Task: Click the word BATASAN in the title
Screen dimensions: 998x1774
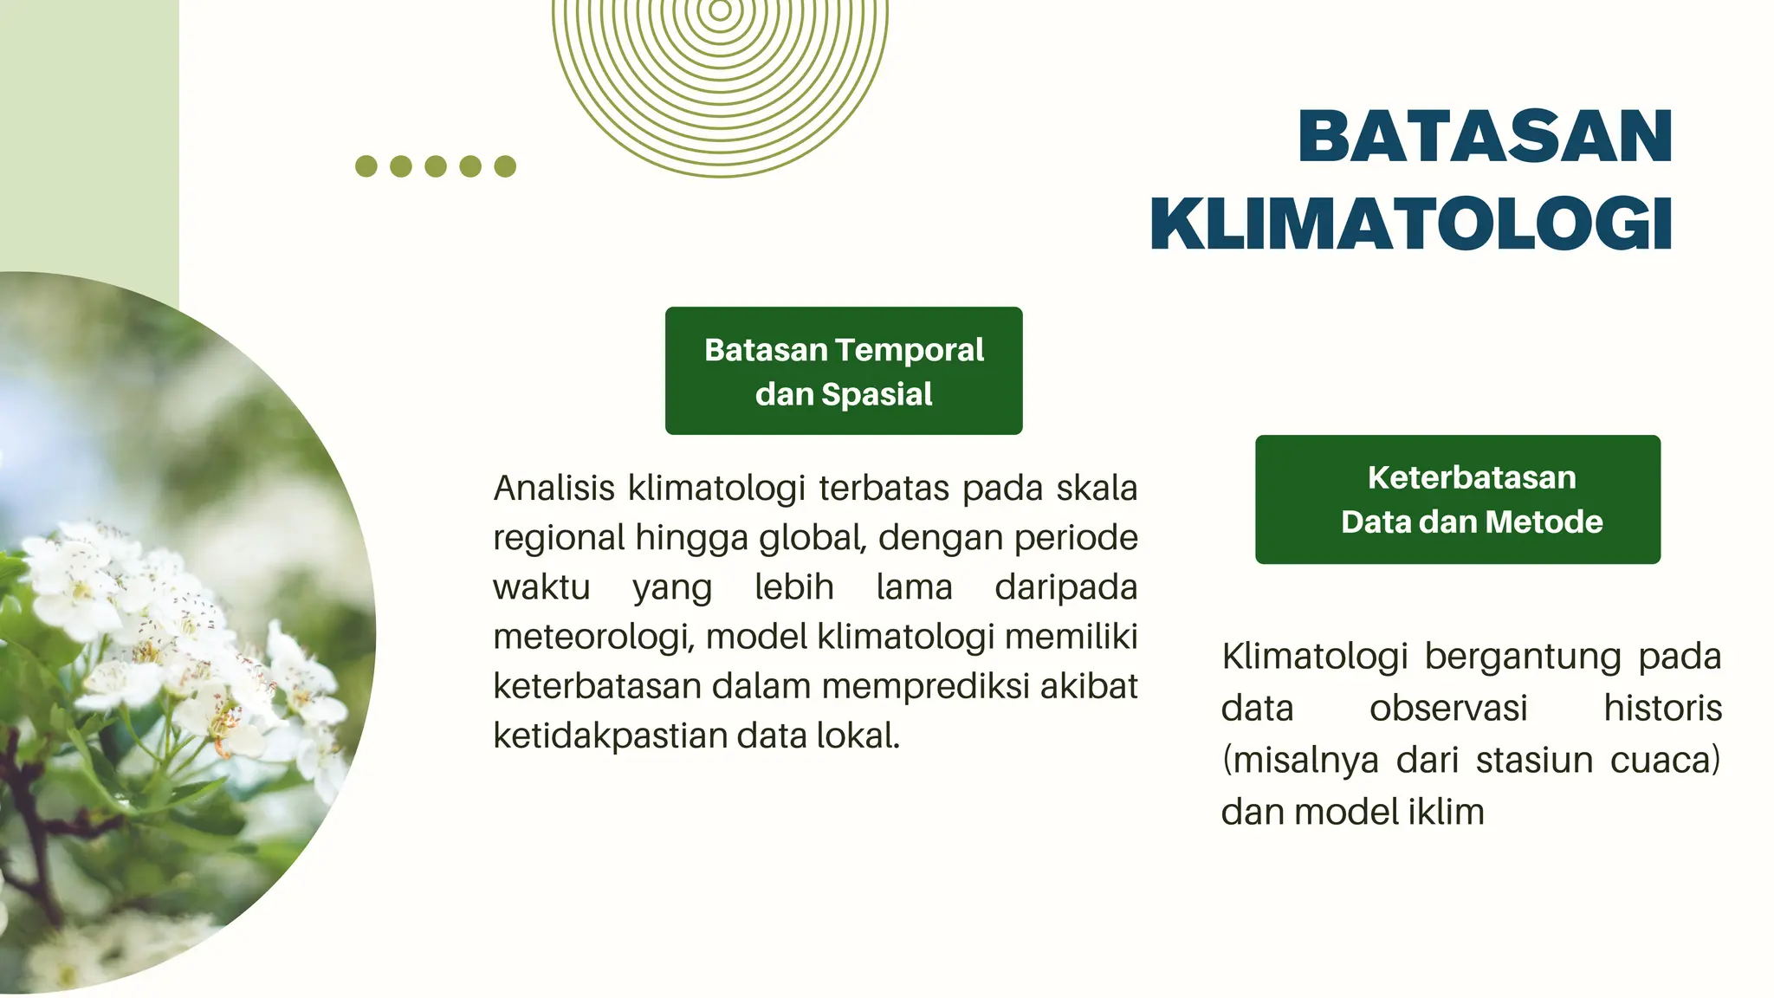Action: click(x=1485, y=136)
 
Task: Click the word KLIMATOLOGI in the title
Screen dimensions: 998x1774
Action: click(x=1411, y=224)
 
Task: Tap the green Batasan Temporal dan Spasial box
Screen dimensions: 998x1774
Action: click(x=843, y=371)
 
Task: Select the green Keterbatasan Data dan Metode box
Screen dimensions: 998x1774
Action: click(x=1457, y=499)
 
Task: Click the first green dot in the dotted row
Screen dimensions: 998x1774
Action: click(x=366, y=166)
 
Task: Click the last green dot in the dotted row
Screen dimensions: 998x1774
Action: click(x=505, y=166)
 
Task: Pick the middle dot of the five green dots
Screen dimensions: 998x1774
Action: click(x=436, y=166)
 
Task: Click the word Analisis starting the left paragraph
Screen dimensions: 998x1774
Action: click(x=554, y=489)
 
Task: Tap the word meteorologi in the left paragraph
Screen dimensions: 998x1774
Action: click(x=592, y=638)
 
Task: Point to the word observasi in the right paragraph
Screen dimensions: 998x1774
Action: click(x=1448, y=709)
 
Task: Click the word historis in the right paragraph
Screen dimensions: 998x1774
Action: click(x=1662, y=709)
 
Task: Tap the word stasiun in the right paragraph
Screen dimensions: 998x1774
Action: click(x=1534, y=761)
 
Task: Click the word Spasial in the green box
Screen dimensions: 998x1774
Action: click(x=877, y=394)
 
